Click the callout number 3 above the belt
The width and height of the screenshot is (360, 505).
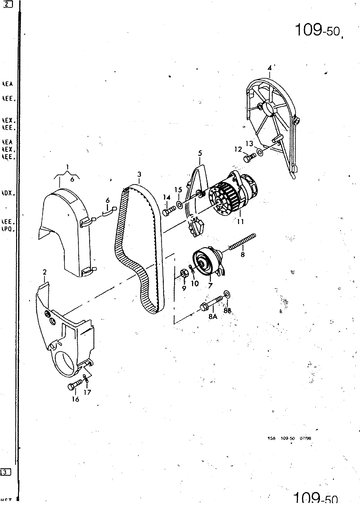coord(139,174)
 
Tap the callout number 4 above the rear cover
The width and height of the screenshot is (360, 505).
coord(269,68)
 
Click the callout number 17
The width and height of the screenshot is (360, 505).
coord(87,392)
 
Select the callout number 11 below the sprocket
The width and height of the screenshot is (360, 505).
coord(240,222)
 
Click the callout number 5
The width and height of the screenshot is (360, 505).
coord(200,153)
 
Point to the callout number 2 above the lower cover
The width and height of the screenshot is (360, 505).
coord(45,272)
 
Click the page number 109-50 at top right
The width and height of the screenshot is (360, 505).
coord(317,31)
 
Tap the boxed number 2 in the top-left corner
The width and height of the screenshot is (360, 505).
coord(7,4)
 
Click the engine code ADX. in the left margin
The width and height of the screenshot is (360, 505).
coord(7,193)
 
